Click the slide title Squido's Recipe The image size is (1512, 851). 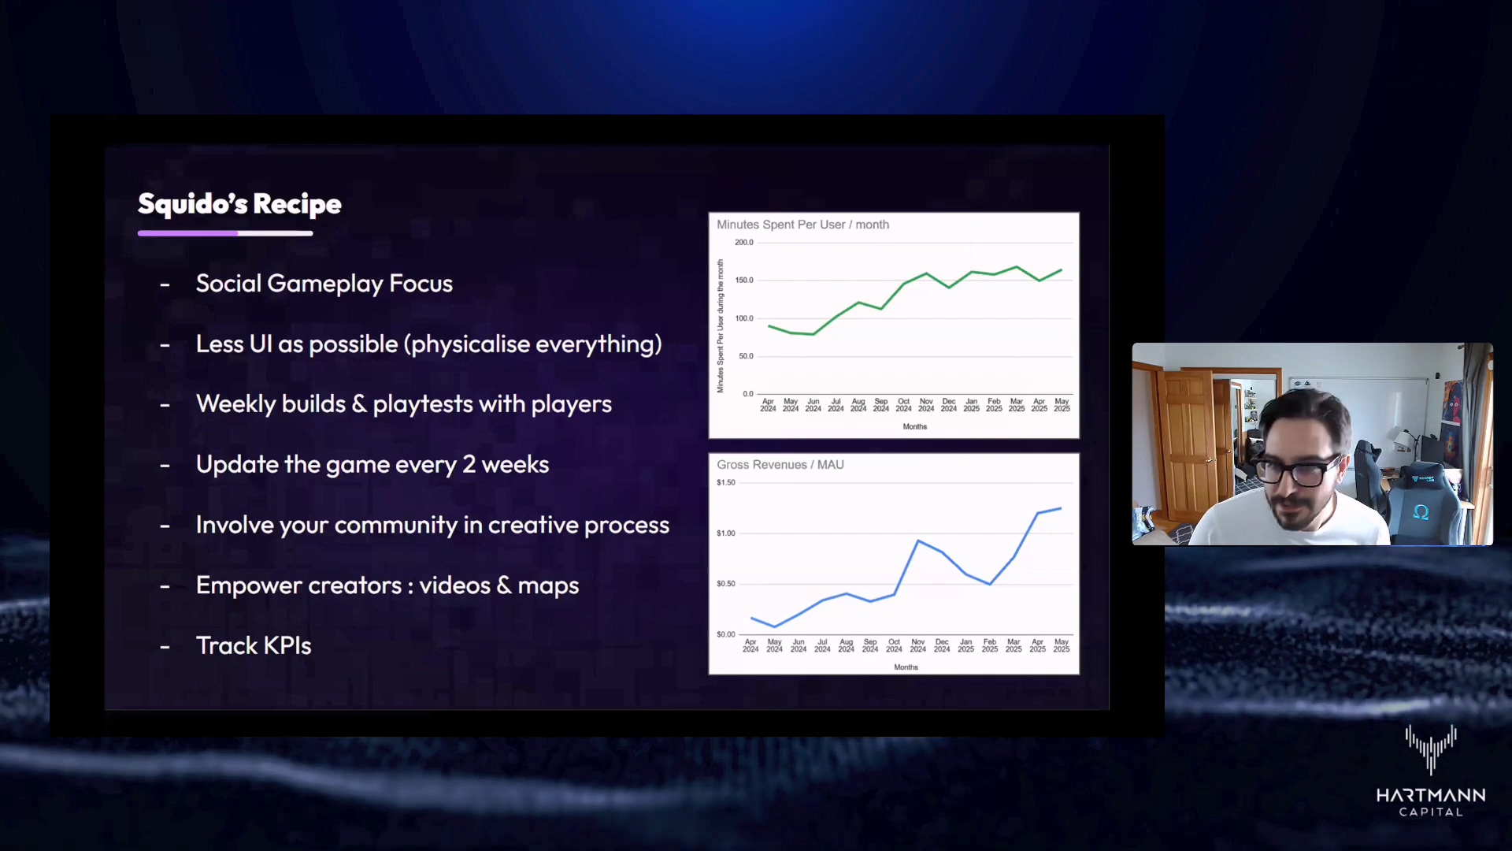coord(239,204)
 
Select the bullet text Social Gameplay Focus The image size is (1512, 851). coord(324,284)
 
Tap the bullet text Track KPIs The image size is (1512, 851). coord(254,646)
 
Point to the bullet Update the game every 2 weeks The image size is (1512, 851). coord(372,465)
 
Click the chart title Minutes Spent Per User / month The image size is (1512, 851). coord(802,225)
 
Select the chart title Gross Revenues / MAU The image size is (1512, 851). coord(780,465)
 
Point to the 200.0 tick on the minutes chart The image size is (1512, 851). coord(744,243)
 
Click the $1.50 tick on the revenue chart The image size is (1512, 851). coord(726,482)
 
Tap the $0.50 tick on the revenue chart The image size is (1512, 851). coord(726,584)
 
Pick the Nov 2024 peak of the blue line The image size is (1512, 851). coord(918,541)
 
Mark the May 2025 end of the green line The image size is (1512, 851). coord(1062,270)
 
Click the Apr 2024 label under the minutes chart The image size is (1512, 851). coord(768,405)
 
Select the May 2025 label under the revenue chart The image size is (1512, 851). coord(1062,645)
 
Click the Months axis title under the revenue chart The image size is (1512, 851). coord(906,667)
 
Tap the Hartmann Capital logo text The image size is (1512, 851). coord(1431,803)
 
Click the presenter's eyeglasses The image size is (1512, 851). coord(1296,471)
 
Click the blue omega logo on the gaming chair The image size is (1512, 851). coord(1421,512)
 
